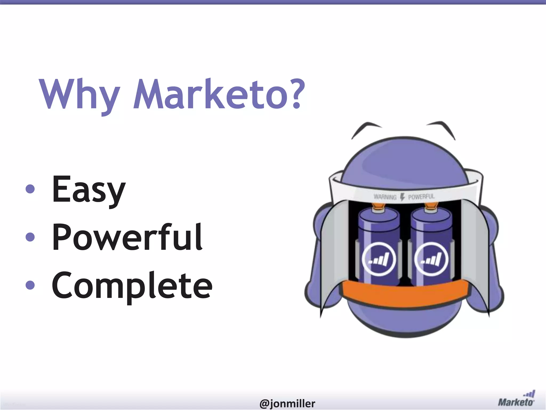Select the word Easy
coord(89,190)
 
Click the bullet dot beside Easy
coord(30,189)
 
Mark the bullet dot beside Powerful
coord(30,237)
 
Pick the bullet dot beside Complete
coord(30,285)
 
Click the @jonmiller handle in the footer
coord(287,403)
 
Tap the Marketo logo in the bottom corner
coord(516,398)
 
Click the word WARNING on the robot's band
coord(385,197)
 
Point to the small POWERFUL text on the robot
coord(421,197)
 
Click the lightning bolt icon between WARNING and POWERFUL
coord(403,197)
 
